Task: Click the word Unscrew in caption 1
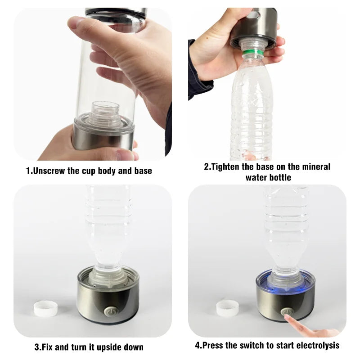[49, 171]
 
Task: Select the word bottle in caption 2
[280, 177]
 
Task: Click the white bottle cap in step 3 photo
[46, 309]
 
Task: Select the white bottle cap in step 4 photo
[227, 308]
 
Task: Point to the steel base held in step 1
[103, 139]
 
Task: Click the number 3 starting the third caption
[36, 347]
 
